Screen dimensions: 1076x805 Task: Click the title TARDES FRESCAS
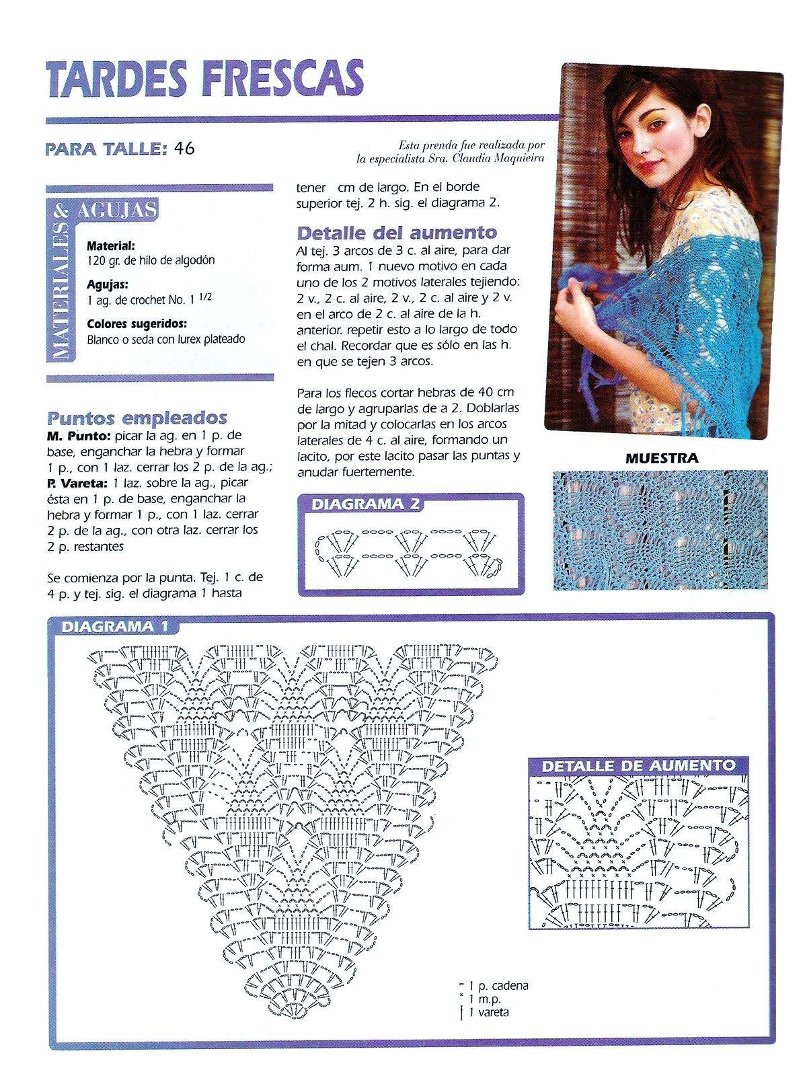pos(205,79)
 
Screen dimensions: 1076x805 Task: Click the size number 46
pos(184,149)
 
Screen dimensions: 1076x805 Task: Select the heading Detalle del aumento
pos(397,233)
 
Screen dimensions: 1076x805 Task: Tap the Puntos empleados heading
pos(137,418)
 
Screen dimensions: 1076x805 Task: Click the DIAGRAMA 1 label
pos(114,627)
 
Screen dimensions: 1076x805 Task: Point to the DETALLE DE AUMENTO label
pos(638,765)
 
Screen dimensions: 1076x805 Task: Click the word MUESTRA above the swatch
pos(661,459)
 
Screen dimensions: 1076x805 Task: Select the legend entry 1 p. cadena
pos(498,986)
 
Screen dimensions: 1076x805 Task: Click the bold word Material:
pos(111,246)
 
